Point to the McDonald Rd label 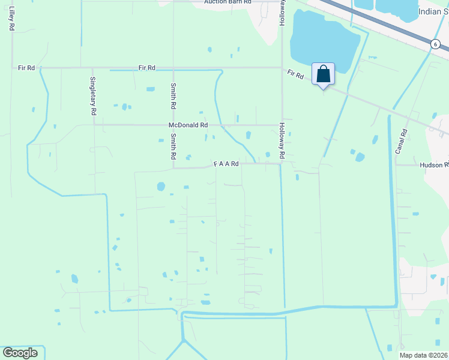pyautogui.click(x=188, y=125)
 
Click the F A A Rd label pyautogui.click(x=226, y=164)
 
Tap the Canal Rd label pyautogui.click(x=402, y=141)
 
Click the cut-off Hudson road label pyautogui.click(x=434, y=164)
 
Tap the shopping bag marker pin pyautogui.click(x=323, y=74)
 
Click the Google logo pyautogui.click(x=20, y=353)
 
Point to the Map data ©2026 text pyautogui.click(x=424, y=355)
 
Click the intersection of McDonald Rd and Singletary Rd pyautogui.click(x=93, y=125)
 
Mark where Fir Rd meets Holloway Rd pyautogui.click(x=282, y=68)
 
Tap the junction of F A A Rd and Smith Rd pyautogui.click(x=173, y=168)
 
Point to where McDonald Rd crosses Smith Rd pyautogui.click(x=173, y=125)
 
